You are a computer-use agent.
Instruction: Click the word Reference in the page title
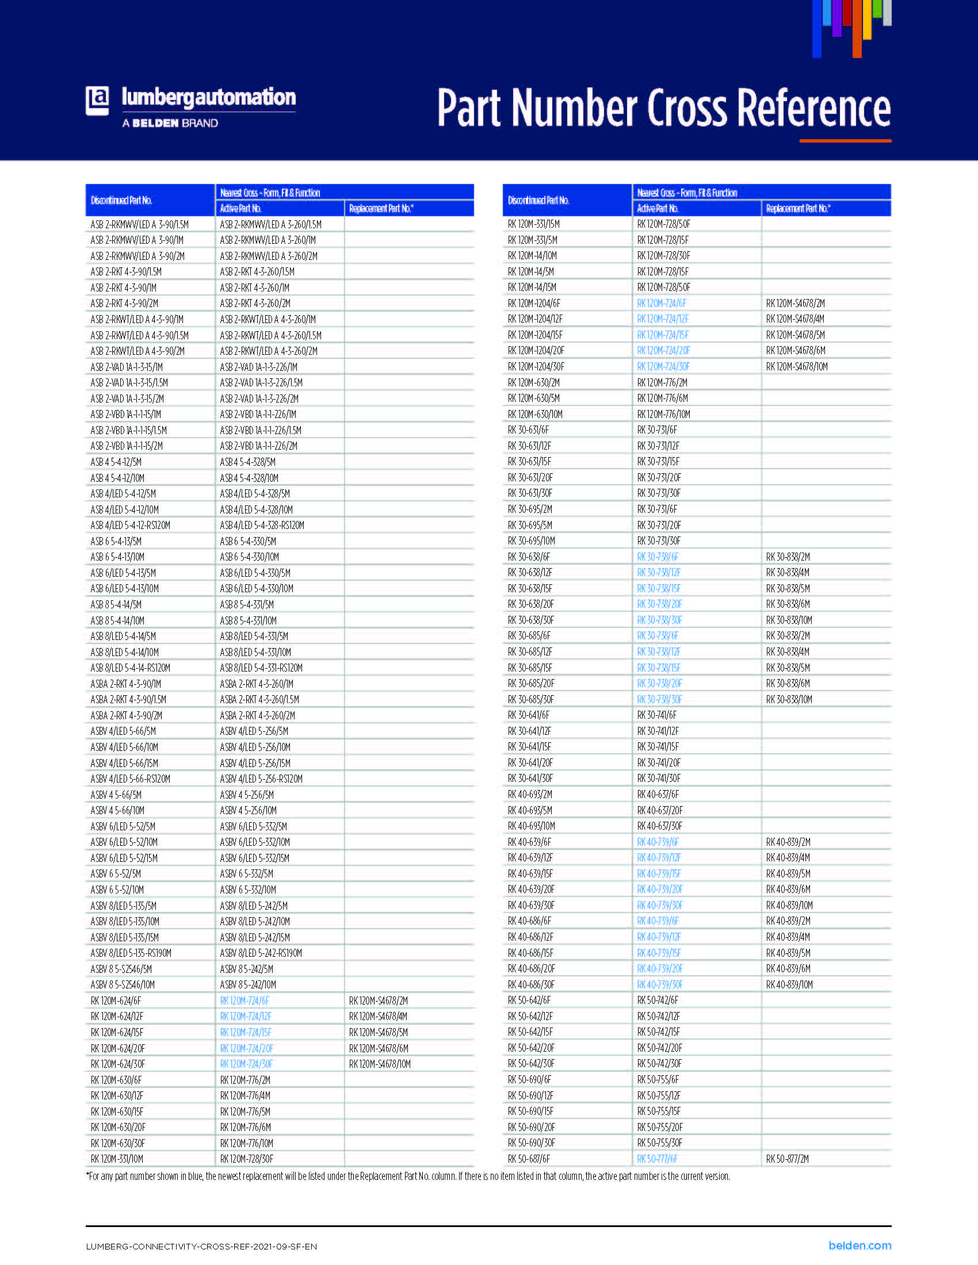[813, 108]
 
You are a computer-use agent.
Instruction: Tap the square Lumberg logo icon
[97, 100]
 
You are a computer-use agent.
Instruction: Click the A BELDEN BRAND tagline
[170, 124]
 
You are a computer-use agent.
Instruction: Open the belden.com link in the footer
[859, 1245]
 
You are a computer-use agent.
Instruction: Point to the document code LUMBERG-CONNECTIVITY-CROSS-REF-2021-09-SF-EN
[201, 1247]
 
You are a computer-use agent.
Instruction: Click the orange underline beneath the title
[845, 141]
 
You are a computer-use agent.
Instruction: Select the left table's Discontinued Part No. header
[121, 201]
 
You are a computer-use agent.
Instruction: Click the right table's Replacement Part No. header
[798, 209]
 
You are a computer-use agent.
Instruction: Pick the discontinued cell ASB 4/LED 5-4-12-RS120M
[131, 526]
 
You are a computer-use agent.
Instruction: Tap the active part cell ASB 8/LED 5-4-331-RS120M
[261, 668]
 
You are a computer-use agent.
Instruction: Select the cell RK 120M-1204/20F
[536, 350]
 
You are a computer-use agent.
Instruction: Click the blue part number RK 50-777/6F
[657, 1159]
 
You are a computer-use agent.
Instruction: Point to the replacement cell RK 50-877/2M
[788, 1159]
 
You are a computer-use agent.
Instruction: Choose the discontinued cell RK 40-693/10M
[532, 826]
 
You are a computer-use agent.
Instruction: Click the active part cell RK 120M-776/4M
[245, 1096]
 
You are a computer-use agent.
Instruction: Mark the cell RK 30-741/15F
[658, 747]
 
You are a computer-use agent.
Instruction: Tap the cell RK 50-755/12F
[659, 1096]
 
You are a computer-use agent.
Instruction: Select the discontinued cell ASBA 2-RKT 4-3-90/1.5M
[128, 700]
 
